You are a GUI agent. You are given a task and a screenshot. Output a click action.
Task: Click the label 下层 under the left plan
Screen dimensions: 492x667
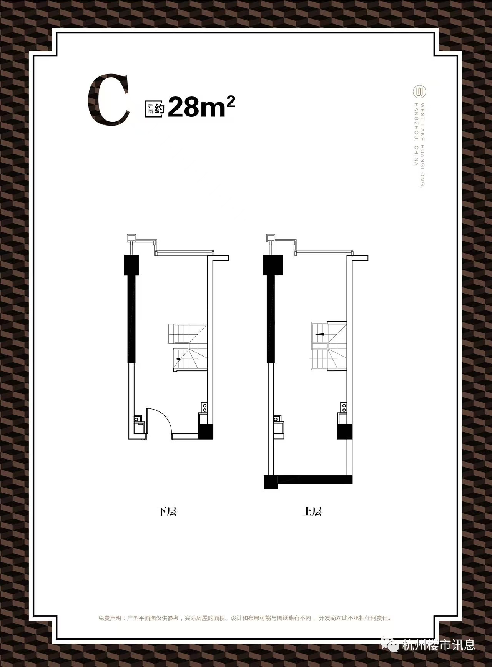click(167, 511)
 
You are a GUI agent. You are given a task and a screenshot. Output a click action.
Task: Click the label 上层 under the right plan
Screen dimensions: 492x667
click(312, 511)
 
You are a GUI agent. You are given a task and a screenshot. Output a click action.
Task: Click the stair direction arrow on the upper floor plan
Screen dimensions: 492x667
click(320, 334)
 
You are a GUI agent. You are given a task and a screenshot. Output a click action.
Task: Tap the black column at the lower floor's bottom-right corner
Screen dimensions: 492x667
click(206, 431)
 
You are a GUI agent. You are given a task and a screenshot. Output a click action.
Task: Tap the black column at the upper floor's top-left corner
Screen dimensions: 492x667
click(273, 265)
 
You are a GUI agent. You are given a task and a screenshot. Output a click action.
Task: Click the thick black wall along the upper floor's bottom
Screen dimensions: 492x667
click(314, 479)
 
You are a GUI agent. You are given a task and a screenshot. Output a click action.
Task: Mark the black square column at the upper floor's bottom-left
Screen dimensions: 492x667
click(271, 482)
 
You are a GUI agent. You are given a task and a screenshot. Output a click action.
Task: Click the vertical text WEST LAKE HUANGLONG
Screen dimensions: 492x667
click(422, 145)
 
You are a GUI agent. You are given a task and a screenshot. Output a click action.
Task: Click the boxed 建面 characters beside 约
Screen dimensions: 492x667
click(149, 109)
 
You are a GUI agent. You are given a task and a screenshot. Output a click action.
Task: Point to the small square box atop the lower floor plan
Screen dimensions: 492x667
click(131, 238)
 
